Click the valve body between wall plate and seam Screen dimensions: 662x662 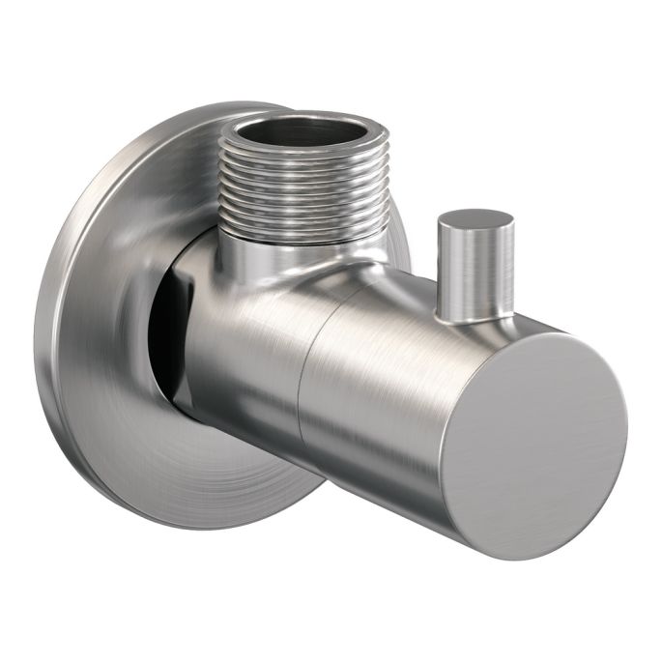(242, 348)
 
